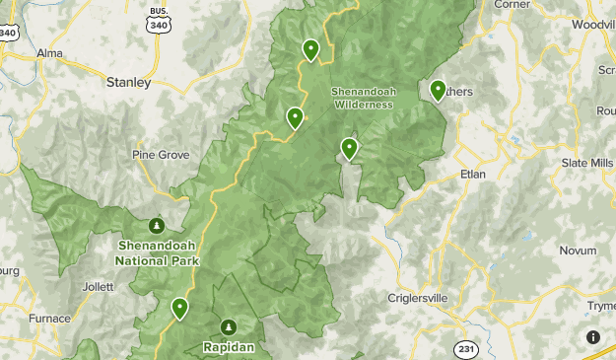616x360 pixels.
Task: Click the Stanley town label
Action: point(128,83)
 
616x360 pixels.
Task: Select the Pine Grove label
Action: point(161,155)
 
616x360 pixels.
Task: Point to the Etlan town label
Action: point(473,175)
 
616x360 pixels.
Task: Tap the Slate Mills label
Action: point(586,163)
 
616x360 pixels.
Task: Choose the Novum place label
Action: point(579,252)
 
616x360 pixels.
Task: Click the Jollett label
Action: point(99,287)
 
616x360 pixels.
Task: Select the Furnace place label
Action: point(49,319)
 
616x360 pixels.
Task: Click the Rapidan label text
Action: point(229,347)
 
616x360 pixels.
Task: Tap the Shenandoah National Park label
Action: point(157,254)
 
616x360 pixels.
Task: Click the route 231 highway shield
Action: point(465,349)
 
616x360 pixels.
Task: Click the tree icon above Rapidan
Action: point(229,326)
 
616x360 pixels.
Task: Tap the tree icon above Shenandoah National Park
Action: point(155,226)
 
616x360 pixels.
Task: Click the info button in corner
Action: point(593,337)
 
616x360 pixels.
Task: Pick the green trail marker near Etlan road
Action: point(349,149)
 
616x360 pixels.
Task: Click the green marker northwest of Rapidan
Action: point(179,308)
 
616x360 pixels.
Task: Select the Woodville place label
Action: point(592,24)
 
